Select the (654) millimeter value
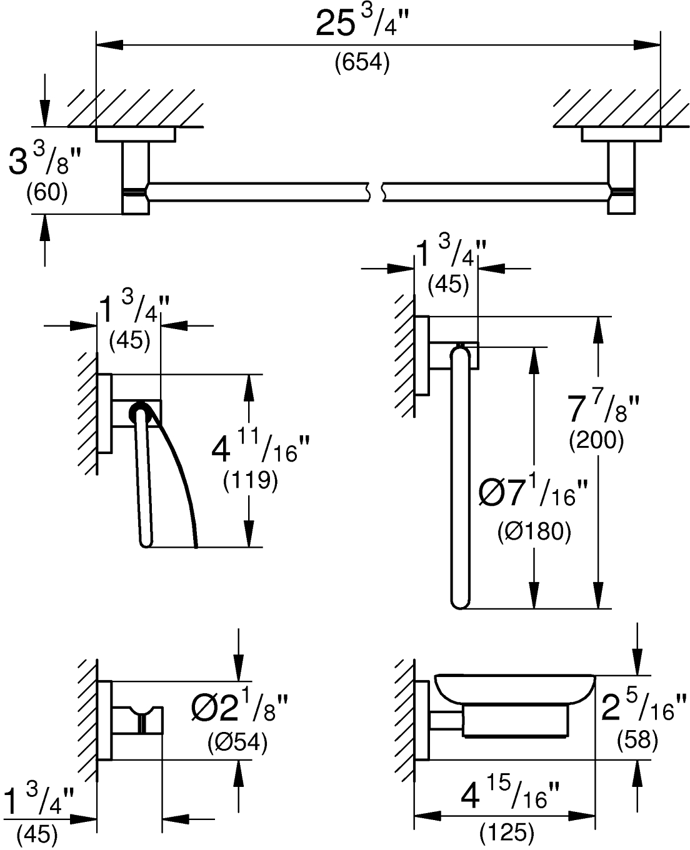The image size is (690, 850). click(362, 62)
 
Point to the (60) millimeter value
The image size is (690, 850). click(46, 192)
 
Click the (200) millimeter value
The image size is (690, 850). click(596, 442)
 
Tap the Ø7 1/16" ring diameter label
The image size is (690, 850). click(534, 495)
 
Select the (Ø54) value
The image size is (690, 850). click(237, 742)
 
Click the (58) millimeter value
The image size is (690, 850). click(638, 740)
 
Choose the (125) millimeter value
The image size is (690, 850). click(507, 831)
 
